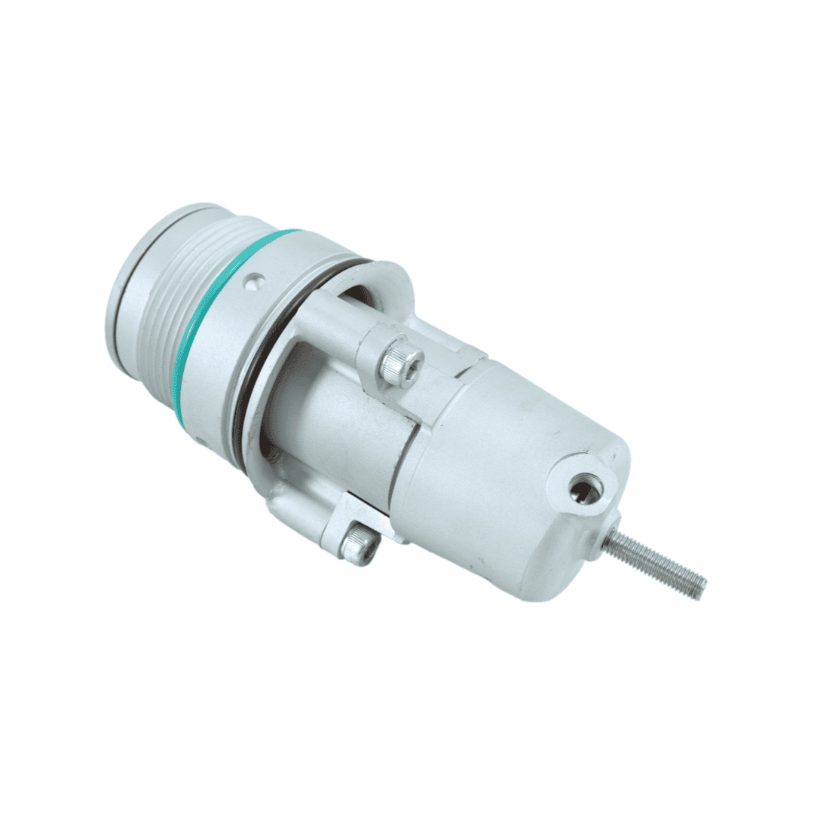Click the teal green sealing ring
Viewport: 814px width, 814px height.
click(197, 332)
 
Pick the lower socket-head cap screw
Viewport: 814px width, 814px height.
click(359, 545)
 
